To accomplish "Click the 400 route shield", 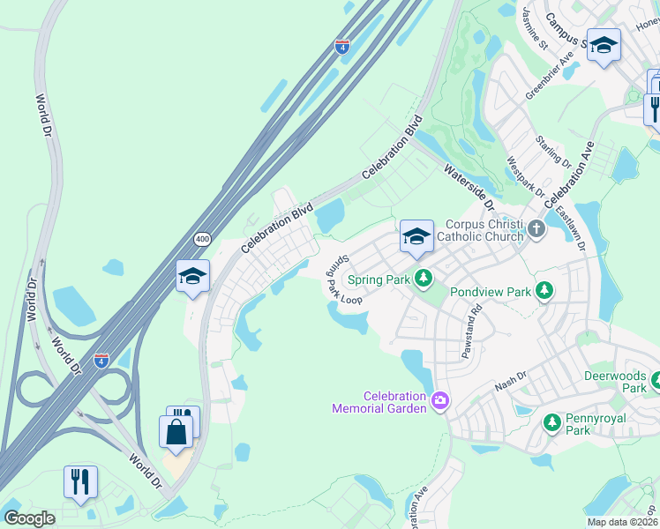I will [x=202, y=239].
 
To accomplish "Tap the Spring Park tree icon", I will [x=424, y=279].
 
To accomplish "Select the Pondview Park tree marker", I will [x=545, y=290].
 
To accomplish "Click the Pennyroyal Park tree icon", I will [x=552, y=422].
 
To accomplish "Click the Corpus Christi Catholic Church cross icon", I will [x=536, y=230].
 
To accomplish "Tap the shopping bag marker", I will [x=176, y=432].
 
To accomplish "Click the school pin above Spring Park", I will [x=416, y=235].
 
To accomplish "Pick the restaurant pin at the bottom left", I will [x=80, y=481].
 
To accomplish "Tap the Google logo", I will [x=29, y=518].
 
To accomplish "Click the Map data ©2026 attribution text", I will [x=621, y=522].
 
